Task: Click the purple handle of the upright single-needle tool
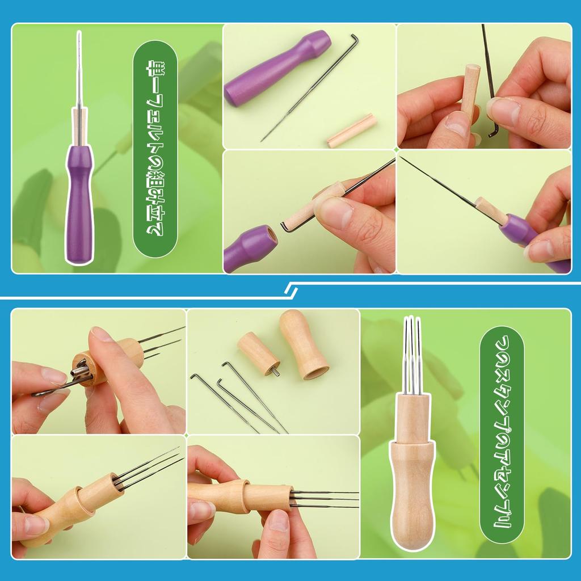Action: [x=79, y=204]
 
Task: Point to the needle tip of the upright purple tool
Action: [x=79, y=32]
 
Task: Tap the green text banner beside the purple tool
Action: [x=155, y=149]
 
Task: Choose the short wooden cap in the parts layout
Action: [x=258, y=353]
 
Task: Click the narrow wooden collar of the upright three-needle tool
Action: [x=413, y=418]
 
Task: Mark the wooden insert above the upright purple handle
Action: [x=79, y=127]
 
